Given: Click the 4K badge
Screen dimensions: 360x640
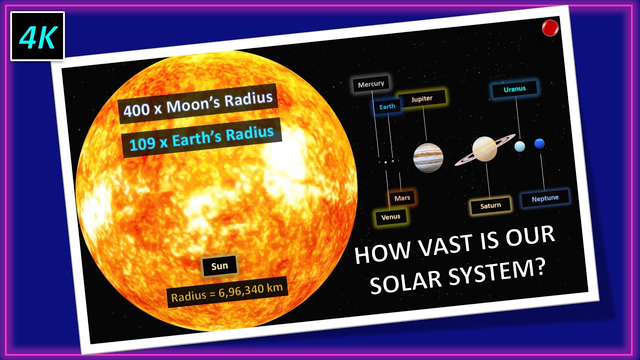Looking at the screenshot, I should (37, 36).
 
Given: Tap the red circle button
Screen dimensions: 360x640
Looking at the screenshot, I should (550, 28).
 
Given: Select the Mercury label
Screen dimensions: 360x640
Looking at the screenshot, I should (371, 84).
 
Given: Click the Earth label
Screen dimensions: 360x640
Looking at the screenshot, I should (387, 106).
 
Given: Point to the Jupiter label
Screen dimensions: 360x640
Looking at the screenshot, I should (422, 99).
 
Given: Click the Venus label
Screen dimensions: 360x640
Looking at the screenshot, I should (391, 217).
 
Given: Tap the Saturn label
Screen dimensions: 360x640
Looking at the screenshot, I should (490, 205).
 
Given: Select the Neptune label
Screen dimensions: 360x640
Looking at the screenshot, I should (545, 198).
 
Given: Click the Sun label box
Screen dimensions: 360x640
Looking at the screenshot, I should (219, 266).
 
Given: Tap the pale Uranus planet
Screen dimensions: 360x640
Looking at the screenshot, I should (520, 146).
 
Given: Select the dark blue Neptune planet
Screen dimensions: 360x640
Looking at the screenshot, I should (539, 144).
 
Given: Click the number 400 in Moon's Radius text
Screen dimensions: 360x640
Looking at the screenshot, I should (135, 109).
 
